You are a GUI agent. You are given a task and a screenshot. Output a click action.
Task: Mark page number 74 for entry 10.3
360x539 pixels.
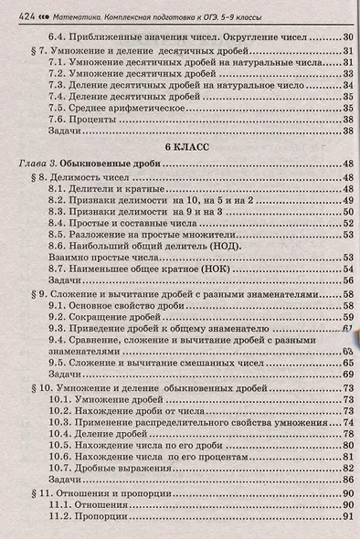[x=346, y=424]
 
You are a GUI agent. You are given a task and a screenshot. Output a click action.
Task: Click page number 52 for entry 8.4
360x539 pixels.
[x=346, y=222]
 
